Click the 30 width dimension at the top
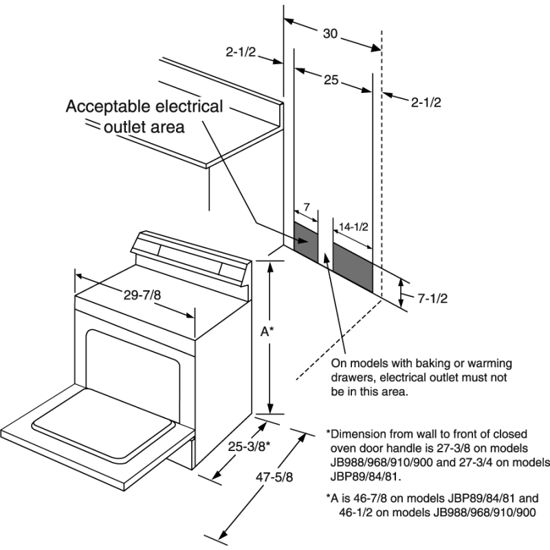(x=331, y=34)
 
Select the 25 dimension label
(x=331, y=80)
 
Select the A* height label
(x=267, y=331)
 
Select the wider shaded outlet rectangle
(x=353, y=263)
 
